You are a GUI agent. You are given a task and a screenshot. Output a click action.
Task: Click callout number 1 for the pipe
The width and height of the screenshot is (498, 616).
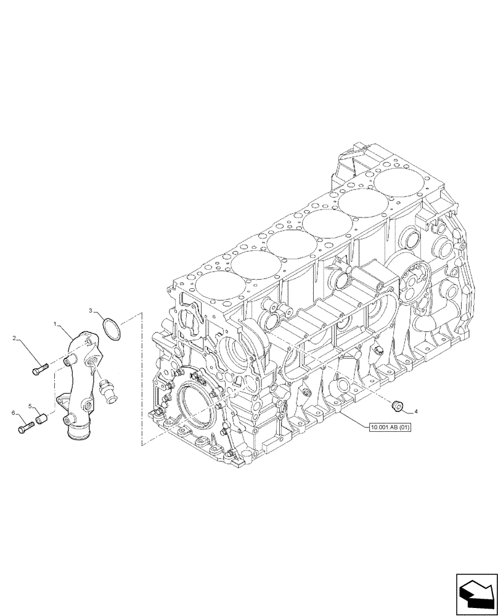[55, 323]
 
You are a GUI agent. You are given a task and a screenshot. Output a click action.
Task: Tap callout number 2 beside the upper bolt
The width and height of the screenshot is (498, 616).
[15, 338]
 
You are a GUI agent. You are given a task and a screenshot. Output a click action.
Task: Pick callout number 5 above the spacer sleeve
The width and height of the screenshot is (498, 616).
[30, 406]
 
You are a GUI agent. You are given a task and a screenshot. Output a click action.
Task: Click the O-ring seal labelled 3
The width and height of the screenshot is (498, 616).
[111, 328]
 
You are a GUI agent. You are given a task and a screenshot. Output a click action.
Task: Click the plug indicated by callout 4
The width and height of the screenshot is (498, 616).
[398, 405]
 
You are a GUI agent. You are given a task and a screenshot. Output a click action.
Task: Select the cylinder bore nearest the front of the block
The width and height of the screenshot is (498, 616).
[213, 286]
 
